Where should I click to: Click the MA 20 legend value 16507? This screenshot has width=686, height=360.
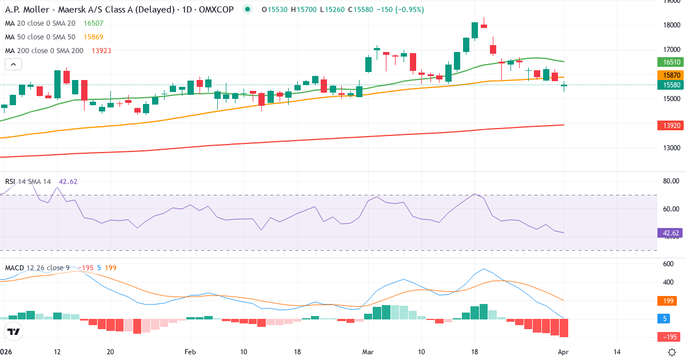93,23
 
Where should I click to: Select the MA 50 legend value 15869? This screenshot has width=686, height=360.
93,37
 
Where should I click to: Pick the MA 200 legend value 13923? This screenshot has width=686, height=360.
101,51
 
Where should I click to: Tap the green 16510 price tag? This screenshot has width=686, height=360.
671,62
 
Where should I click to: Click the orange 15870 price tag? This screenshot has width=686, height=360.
671,75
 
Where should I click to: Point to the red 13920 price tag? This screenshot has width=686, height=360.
671,125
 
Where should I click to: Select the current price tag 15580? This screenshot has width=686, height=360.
671,85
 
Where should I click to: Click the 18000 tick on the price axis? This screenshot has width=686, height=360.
671,25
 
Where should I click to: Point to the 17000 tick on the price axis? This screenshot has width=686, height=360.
671,49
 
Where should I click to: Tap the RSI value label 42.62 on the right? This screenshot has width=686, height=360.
671,233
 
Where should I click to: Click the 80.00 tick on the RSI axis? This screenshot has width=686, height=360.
671,181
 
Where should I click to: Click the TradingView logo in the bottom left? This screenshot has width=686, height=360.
14,331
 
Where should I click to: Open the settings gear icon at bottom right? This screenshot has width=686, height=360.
672,352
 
